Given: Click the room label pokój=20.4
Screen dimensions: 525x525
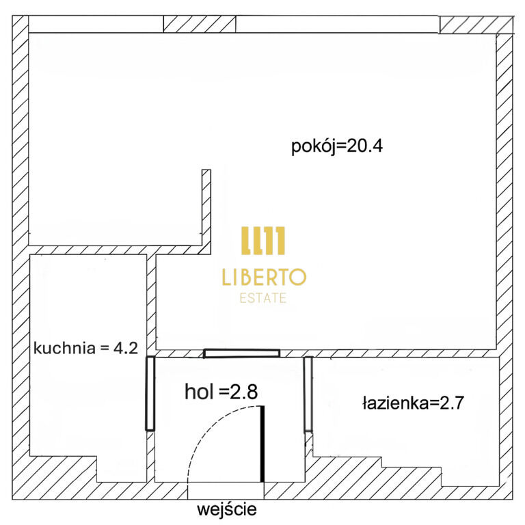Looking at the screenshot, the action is click(x=337, y=147).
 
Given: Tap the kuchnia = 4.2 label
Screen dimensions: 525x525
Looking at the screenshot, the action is click(x=85, y=348).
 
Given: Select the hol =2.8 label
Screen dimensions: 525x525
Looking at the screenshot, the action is click(x=221, y=392).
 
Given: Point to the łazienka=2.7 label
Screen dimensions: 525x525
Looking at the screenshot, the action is click(x=413, y=403).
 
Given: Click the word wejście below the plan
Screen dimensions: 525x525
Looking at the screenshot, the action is click(x=227, y=509).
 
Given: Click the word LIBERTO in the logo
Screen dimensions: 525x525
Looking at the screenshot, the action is click(x=264, y=277).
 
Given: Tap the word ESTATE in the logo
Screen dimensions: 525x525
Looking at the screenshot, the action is click(x=263, y=298).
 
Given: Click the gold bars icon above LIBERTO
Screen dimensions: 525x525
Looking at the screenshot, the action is click(x=263, y=241).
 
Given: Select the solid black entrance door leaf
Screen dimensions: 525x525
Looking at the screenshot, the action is click(x=262, y=444).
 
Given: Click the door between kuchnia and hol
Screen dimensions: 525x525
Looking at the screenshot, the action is click(x=150, y=394).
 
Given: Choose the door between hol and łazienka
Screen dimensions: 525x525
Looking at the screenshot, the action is click(x=308, y=394).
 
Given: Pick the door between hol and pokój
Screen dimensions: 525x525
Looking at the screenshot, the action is click(x=241, y=353).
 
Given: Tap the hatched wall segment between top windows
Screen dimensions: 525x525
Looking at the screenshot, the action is click(x=200, y=24).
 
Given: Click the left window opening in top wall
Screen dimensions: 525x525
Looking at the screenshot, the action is click(x=96, y=24).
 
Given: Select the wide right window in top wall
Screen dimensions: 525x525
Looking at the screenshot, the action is click(x=338, y=24).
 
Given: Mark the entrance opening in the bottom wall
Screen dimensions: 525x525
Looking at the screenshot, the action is click(x=226, y=491).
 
